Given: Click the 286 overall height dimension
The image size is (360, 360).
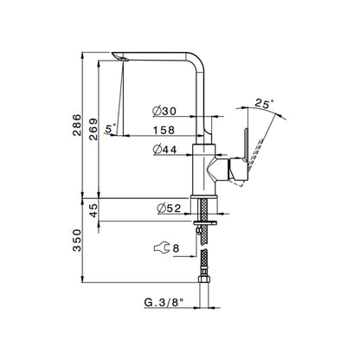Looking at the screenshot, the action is click(77, 125).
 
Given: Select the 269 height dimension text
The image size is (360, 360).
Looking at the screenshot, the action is click(93, 129).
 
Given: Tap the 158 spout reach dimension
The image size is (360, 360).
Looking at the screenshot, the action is click(164, 130).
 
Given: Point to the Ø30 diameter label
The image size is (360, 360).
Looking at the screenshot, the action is click(164, 111).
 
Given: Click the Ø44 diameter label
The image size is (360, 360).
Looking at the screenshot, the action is click(165, 150).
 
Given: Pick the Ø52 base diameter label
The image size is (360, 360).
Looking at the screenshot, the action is click(169, 209).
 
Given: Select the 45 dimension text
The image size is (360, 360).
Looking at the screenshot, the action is click(93, 210).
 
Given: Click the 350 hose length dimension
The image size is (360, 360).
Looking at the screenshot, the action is click(77, 241).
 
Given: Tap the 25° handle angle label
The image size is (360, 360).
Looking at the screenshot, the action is click(264, 103).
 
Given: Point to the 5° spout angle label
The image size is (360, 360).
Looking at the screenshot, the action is click(110, 128).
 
